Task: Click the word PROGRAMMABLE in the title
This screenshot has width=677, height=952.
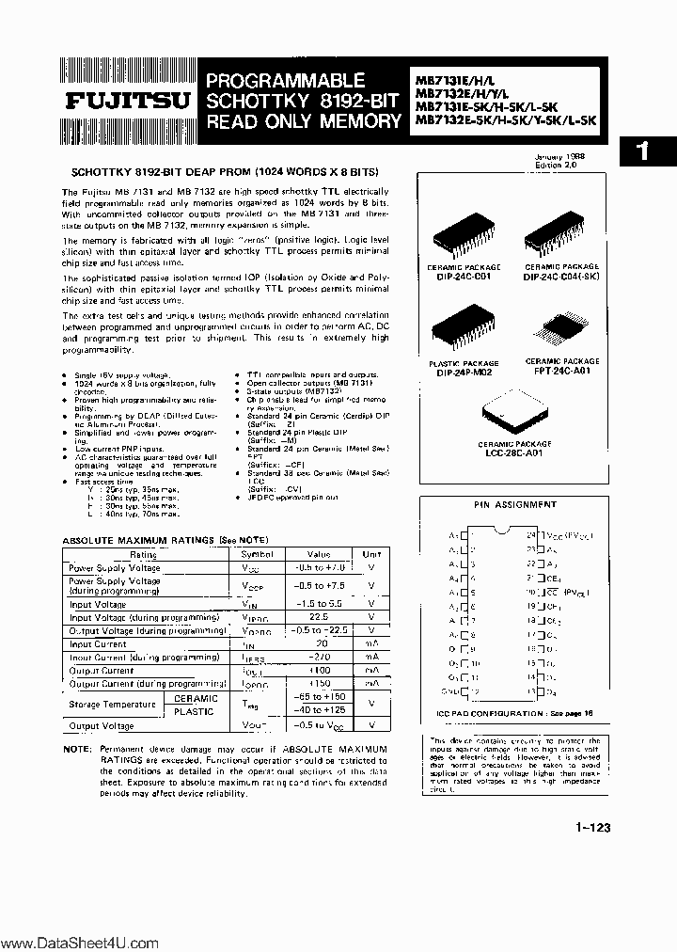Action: click(285, 81)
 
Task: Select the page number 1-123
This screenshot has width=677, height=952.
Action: click(590, 828)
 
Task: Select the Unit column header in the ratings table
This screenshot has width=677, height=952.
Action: click(371, 554)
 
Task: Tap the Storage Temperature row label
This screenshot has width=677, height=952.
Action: click(112, 704)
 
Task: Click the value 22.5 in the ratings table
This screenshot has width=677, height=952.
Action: click(319, 616)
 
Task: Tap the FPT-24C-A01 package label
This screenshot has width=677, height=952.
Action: click(561, 369)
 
